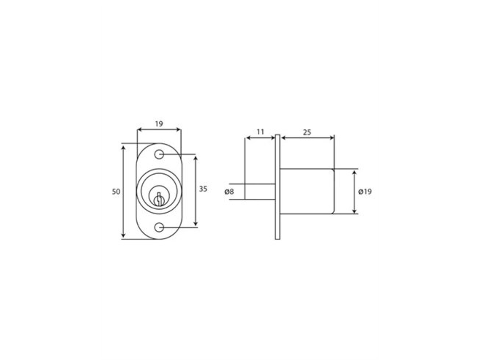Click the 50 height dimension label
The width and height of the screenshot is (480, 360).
point(116,192)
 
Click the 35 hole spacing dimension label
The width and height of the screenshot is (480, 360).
point(203,189)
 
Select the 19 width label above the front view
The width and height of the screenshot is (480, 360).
point(159,124)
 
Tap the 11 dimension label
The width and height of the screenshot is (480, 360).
point(260,132)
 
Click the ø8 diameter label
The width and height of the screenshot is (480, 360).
point(229,192)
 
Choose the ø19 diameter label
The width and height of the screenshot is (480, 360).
point(365,192)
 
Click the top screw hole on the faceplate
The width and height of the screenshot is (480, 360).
point(159,154)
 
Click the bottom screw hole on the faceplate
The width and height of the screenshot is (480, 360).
point(159,227)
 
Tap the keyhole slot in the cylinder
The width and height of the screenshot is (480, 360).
point(159,199)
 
